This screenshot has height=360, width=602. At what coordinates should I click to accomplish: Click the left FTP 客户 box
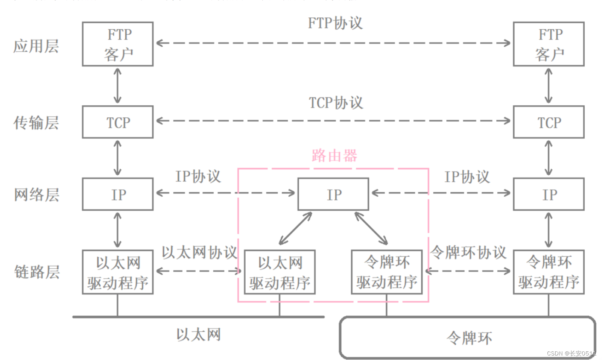118,44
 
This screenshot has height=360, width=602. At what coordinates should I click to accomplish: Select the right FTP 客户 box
549,44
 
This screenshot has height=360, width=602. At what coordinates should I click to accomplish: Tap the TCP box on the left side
118,122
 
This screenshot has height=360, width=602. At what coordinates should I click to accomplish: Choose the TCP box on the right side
549,122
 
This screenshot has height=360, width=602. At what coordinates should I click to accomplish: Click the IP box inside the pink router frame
333,194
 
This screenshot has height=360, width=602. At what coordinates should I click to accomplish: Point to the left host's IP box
118,194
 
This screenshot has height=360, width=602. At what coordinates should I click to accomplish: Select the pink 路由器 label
334,155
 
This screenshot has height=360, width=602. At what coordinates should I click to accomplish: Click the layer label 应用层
36,46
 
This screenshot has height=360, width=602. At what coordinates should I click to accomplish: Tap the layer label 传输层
36,123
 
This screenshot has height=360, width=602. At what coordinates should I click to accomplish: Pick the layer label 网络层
36,195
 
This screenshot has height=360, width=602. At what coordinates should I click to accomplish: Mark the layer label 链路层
37,272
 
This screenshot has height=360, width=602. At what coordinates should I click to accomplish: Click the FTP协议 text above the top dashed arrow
335,23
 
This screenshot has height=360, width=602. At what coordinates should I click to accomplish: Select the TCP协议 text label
336,103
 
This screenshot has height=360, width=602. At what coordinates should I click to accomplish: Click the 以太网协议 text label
199,252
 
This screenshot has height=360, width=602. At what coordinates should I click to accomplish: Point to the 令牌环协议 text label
468,252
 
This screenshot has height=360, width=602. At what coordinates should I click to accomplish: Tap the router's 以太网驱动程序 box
280,272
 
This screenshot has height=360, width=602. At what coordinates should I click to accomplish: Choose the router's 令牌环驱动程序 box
387,272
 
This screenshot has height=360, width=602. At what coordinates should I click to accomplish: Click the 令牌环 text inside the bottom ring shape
469,338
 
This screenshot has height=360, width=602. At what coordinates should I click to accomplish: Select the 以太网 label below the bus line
199,334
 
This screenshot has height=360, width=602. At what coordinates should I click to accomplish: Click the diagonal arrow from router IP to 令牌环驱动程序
371,228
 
